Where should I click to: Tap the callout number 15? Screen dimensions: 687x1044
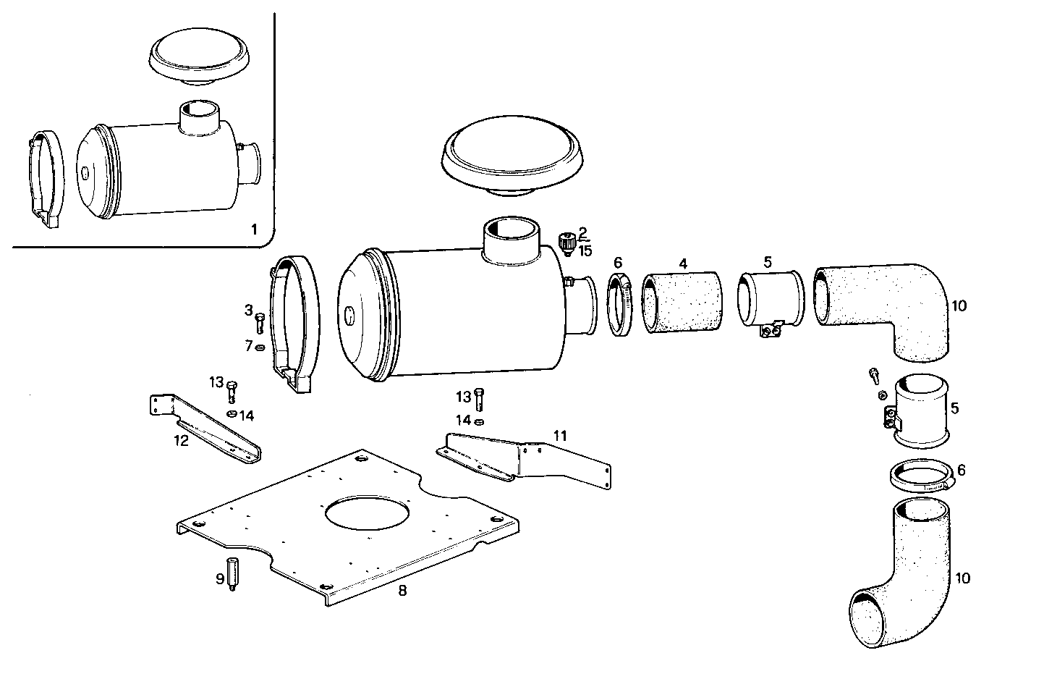(x=585, y=250)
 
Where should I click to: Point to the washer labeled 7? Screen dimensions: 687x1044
(x=260, y=347)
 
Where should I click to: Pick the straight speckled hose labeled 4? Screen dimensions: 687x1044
(x=682, y=303)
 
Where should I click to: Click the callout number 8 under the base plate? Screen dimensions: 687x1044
(x=402, y=590)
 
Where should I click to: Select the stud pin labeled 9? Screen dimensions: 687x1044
(x=234, y=574)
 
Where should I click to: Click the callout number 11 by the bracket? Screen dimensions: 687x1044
(x=559, y=435)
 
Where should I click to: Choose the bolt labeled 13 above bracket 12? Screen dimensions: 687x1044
(x=232, y=390)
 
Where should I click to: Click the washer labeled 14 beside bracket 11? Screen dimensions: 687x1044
(x=479, y=421)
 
